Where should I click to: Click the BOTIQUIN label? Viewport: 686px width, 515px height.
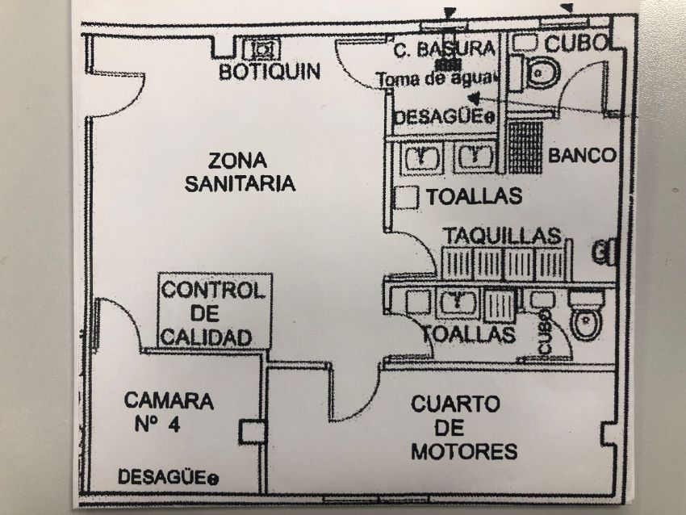pyautogui.click(x=270, y=72)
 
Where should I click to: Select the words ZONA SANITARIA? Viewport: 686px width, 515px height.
pyautogui.click(x=240, y=171)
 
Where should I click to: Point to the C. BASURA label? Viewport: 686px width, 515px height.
pyautogui.click(x=443, y=49)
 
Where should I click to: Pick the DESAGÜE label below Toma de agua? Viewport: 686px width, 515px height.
pyautogui.click(x=442, y=118)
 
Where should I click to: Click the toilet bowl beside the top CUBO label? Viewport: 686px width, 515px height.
pyautogui.click(x=540, y=74)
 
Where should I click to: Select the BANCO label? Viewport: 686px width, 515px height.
pyautogui.click(x=582, y=156)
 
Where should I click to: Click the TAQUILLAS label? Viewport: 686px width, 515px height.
pyautogui.click(x=501, y=236)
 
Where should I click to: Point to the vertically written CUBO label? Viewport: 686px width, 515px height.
pyautogui.click(x=546, y=330)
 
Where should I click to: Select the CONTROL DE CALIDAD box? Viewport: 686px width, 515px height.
pyautogui.click(x=214, y=312)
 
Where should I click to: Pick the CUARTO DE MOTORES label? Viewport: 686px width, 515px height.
pyautogui.click(x=463, y=427)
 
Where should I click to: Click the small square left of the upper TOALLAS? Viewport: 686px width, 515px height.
pyautogui.click(x=408, y=196)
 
